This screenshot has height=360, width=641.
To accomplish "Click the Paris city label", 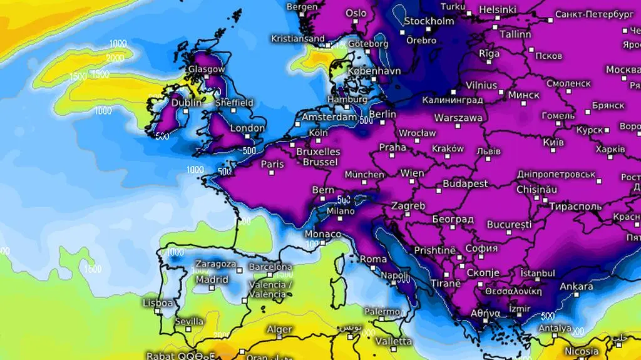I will [x=272, y=164].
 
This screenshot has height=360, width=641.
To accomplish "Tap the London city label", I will [x=248, y=128].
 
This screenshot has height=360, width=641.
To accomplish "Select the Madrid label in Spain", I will [x=212, y=280].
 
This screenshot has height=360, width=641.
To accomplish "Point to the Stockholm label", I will [x=429, y=21].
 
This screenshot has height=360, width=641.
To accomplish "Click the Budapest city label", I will [x=465, y=183].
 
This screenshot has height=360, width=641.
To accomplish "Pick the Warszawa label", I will [x=458, y=118].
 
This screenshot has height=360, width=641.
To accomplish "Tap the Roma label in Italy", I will [x=374, y=259].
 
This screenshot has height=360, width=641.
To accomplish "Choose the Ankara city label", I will [x=576, y=287].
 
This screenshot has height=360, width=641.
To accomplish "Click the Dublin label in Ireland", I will [x=187, y=103].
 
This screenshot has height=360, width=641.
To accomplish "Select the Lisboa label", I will [x=158, y=303].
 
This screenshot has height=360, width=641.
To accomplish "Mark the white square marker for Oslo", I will [x=356, y=23].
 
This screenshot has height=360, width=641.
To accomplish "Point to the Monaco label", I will [x=323, y=234].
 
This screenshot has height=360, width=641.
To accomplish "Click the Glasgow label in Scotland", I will [x=207, y=69].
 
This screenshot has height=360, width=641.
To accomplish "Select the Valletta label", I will [x=394, y=341].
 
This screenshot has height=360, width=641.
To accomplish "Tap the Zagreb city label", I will [x=408, y=205].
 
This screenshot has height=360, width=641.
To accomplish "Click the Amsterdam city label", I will [x=329, y=117].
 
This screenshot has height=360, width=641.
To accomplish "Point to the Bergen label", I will [x=302, y=7].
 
